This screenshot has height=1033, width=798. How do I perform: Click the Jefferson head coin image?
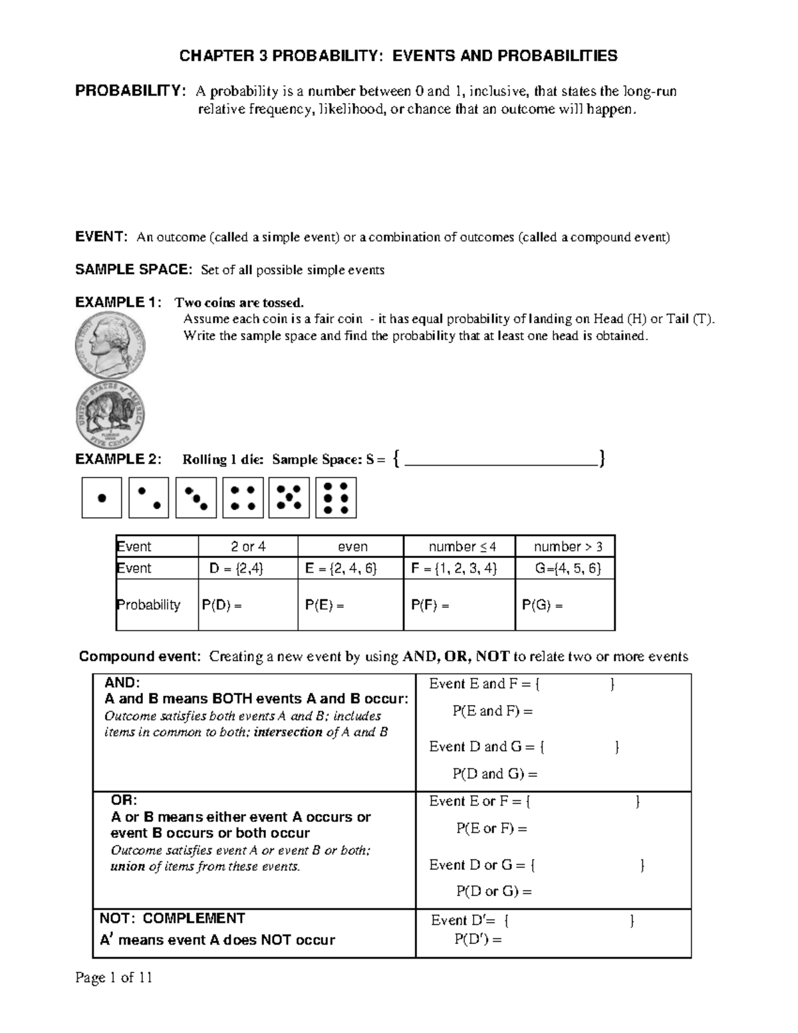click(x=110, y=346)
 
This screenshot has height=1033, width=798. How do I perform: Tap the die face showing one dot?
click(x=102, y=498)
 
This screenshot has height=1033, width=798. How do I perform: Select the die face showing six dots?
click(x=336, y=498)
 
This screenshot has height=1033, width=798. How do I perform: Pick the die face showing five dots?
click(x=289, y=498)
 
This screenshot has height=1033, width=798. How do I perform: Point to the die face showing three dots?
click(x=196, y=498)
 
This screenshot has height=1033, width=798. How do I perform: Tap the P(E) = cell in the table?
click(x=325, y=605)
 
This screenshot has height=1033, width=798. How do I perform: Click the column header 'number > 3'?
click(x=568, y=547)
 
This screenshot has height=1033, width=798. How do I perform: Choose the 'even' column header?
click(x=352, y=547)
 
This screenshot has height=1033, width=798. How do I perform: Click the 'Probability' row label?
click(x=149, y=605)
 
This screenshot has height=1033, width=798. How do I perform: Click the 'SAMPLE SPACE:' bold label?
click(x=133, y=269)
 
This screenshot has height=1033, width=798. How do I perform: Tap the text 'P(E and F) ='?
click(x=493, y=711)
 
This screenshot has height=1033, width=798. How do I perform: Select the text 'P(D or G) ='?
click(x=493, y=891)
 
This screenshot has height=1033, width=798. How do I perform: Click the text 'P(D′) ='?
click(x=477, y=939)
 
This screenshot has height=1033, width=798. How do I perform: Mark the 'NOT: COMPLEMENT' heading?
click(x=172, y=919)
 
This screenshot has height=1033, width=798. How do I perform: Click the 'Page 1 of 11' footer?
click(x=114, y=978)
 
